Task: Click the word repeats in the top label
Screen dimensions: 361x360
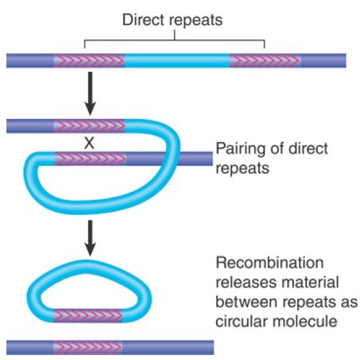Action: pos(196,21)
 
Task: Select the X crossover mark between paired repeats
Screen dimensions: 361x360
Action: pos(89,143)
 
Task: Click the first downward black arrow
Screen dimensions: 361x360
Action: pos(90,93)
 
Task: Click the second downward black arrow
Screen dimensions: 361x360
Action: pos(90,238)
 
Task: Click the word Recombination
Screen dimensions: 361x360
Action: pos(270,263)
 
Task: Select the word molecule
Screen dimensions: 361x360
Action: pos(305,322)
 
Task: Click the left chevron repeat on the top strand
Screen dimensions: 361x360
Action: pos(89,60)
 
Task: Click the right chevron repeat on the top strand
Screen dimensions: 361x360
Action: pos(265,60)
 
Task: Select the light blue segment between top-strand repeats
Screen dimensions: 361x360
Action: pos(177,60)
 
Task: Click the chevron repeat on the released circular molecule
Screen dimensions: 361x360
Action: pos(88,316)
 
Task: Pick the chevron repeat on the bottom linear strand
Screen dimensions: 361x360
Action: pos(87,347)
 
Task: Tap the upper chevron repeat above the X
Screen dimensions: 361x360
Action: pos(90,126)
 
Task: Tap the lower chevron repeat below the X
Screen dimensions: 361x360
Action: pos(90,159)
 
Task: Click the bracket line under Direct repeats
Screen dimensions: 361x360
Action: pos(174,41)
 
